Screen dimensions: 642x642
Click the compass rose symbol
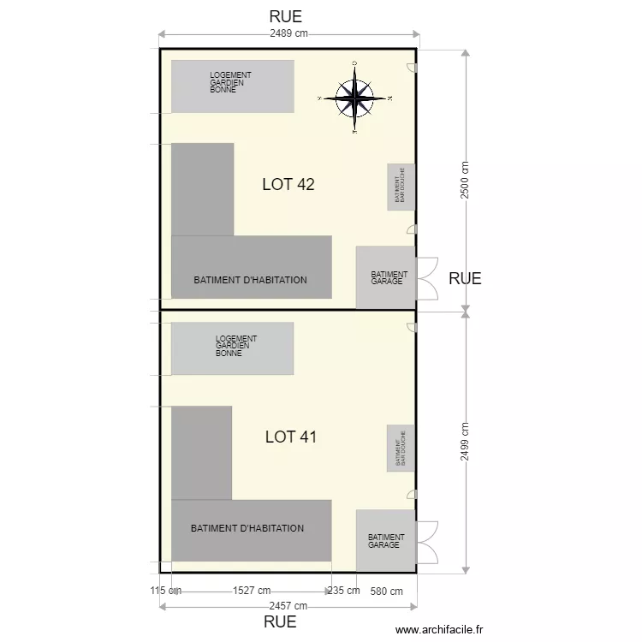click(x=354, y=98)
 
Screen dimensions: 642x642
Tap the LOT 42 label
click(x=288, y=183)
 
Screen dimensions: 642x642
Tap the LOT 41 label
click(x=291, y=437)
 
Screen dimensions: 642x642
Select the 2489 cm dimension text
click(x=288, y=33)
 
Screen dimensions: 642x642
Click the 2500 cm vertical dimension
click(x=465, y=180)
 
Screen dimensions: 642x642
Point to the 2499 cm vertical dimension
click(x=465, y=442)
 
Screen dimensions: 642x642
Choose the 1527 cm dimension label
click(x=252, y=591)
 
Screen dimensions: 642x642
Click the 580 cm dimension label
click(x=385, y=591)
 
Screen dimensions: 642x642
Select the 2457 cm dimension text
click(x=288, y=606)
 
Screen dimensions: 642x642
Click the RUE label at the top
click(x=285, y=16)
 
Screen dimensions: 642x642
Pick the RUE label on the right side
click(x=465, y=278)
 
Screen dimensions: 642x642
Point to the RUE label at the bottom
click(x=280, y=622)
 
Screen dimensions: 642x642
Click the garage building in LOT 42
click(x=386, y=277)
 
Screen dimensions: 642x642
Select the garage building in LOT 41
click(x=386, y=541)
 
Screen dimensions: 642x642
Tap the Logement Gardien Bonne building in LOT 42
click(x=233, y=86)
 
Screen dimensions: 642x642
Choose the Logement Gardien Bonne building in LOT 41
click(x=233, y=348)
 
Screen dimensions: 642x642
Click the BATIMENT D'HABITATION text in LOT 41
click(x=247, y=528)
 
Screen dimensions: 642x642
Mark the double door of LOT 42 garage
click(x=427, y=278)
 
